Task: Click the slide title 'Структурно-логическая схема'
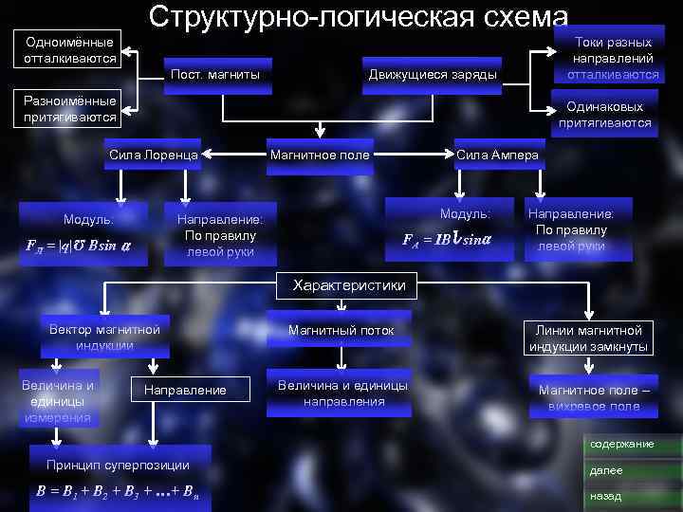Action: (359, 17)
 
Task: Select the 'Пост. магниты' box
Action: (213, 75)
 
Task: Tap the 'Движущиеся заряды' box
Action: (432, 75)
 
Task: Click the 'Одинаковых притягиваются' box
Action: (605, 115)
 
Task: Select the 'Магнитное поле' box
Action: (320, 155)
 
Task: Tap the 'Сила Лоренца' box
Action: (153, 155)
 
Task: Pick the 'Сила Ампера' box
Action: (497, 155)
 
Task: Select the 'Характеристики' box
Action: (348, 284)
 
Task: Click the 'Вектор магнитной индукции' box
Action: (104, 337)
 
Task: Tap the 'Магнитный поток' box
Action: (341, 330)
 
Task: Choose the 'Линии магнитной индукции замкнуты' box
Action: (589, 338)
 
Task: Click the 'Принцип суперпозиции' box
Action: (118, 465)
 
